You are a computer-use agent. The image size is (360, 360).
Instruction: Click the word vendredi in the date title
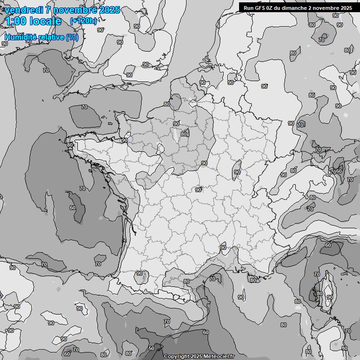pyautogui.click(x=20, y=10)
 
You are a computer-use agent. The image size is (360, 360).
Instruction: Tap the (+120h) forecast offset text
pyautogui.click(x=83, y=21)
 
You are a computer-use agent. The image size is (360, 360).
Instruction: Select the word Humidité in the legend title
pyautogui.click(x=19, y=37)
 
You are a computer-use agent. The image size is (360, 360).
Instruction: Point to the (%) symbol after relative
pyautogui.click(x=72, y=37)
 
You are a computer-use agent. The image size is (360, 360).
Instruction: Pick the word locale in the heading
pyautogui.click(x=45, y=21)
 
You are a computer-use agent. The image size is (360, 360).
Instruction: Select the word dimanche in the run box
pyautogui.click(x=295, y=8)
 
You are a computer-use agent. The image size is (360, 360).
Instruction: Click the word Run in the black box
pyautogui.click(x=248, y=8)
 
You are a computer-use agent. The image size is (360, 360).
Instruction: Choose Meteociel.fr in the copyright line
pyautogui.click(x=219, y=356)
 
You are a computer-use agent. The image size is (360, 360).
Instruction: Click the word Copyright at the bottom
pyautogui.click(x=176, y=356)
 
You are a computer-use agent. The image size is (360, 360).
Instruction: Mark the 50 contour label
pyautogui.click(x=151, y=348)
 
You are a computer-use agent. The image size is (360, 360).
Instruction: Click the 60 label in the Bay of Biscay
pyautogui.click(x=72, y=208)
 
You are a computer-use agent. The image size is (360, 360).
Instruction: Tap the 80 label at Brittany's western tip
pyautogui.click(x=70, y=145)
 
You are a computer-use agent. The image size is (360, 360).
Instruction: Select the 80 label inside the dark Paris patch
pyautogui.click(x=184, y=134)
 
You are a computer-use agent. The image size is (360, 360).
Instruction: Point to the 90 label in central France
pyautogui.click(x=198, y=190)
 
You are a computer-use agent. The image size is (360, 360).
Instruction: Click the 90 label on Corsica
pyautogui.click(x=330, y=297)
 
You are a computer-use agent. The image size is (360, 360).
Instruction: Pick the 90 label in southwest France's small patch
pyautogui.click(x=140, y=273)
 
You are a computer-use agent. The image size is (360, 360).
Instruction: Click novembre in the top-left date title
pyautogui.click(x=81, y=10)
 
